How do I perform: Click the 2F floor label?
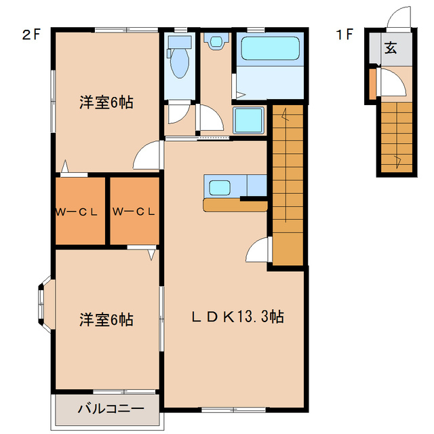(31, 35)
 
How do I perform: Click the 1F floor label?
(344, 35)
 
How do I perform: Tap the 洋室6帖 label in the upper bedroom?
(106, 103)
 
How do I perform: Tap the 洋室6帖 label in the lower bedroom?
(106, 319)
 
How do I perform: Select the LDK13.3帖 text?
(236, 317)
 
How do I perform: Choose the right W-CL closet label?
(134, 211)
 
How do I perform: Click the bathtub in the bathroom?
(270, 48)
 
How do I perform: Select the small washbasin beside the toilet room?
(216, 43)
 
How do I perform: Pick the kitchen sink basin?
(221, 186)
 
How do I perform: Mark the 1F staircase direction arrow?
(397, 160)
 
